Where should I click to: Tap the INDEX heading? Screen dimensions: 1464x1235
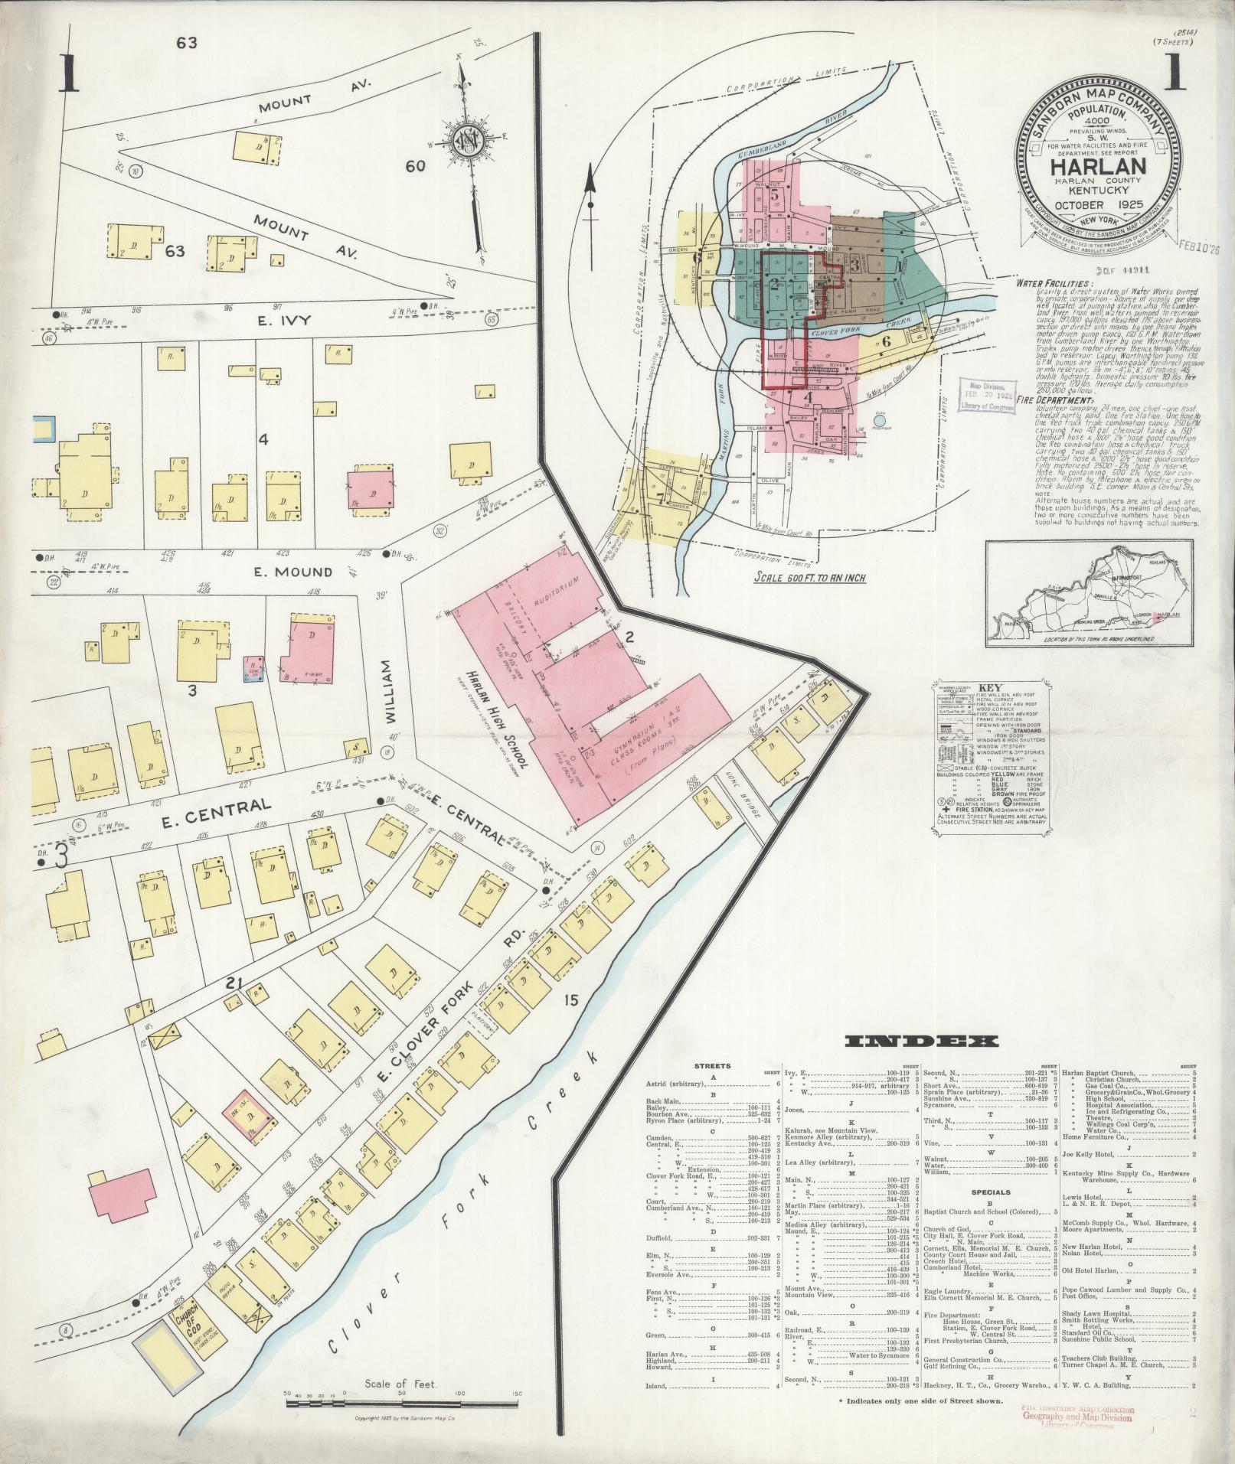[921, 1041]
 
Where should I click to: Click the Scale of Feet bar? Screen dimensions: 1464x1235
[401, 1404]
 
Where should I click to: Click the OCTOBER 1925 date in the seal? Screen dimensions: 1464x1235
[1097, 205]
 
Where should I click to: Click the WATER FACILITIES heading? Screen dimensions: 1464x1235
[1054, 282]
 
